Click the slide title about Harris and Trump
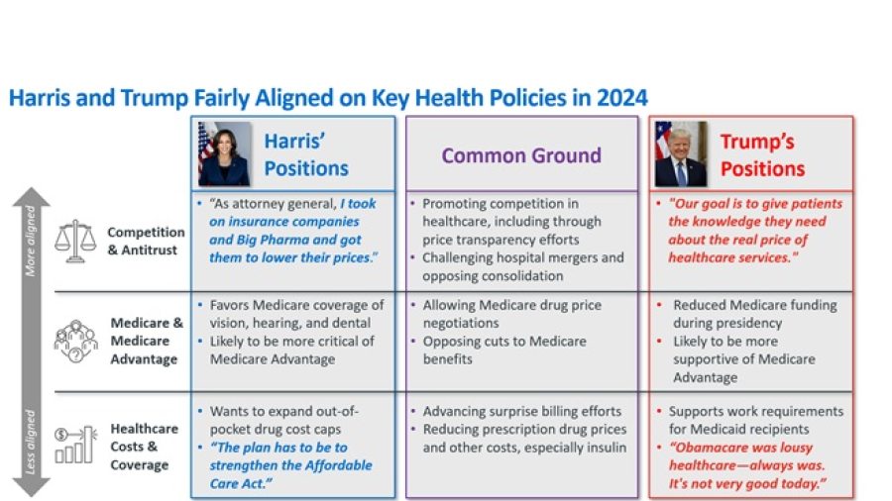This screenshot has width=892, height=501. (x=328, y=97)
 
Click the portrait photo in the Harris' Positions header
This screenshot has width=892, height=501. (x=224, y=153)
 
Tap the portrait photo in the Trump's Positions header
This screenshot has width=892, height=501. (x=681, y=153)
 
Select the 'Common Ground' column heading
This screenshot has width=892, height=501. (x=521, y=155)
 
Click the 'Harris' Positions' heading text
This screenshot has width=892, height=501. (x=305, y=154)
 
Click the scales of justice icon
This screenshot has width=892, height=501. (x=76, y=241)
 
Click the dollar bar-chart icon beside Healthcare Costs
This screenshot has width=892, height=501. (x=76, y=442)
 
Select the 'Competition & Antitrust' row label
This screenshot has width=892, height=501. (x=146, y=241)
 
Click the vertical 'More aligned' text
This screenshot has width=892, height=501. (x=30, y=241)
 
